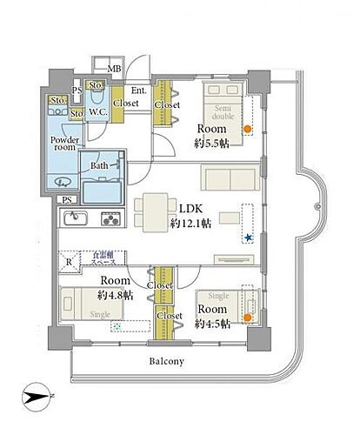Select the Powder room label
tap(66, 144)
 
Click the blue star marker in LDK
tap(248, 238)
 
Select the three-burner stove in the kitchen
tap(110, 219)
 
